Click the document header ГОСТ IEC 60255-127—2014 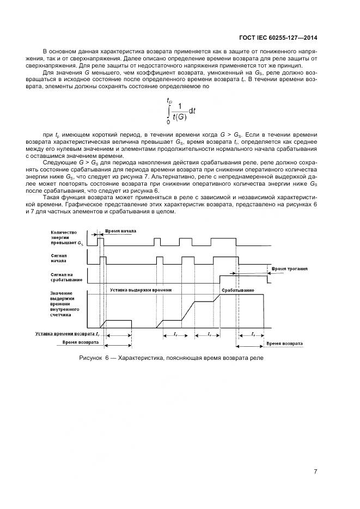tap(278, 38)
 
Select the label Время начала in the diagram tap(120, 231)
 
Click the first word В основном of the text tap(58, 50)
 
